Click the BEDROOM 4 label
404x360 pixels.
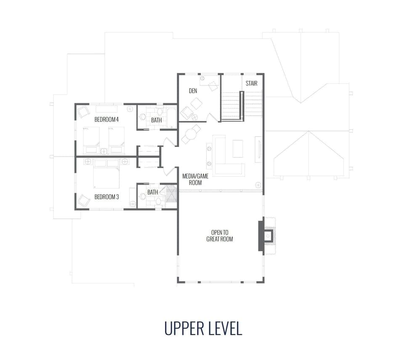pos(106,120)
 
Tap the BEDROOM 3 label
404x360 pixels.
pos(106,197)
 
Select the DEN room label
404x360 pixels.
pos(193,91)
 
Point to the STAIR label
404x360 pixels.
pos(251,83)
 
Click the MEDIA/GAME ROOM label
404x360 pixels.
pos(192,179)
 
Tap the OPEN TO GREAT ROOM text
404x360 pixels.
pos(219,236)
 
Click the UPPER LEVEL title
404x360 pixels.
pos(203,328)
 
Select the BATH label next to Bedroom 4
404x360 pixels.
pos(157,120)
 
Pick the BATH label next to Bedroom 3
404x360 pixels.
pos(152,192)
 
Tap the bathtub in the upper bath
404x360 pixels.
pos(171,118)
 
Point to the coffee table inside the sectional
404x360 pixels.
pos(238,148)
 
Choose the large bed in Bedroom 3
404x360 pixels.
pos(106,176)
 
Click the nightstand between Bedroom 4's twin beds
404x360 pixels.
pos(104,150)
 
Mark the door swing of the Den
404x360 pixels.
pos(214,117)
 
